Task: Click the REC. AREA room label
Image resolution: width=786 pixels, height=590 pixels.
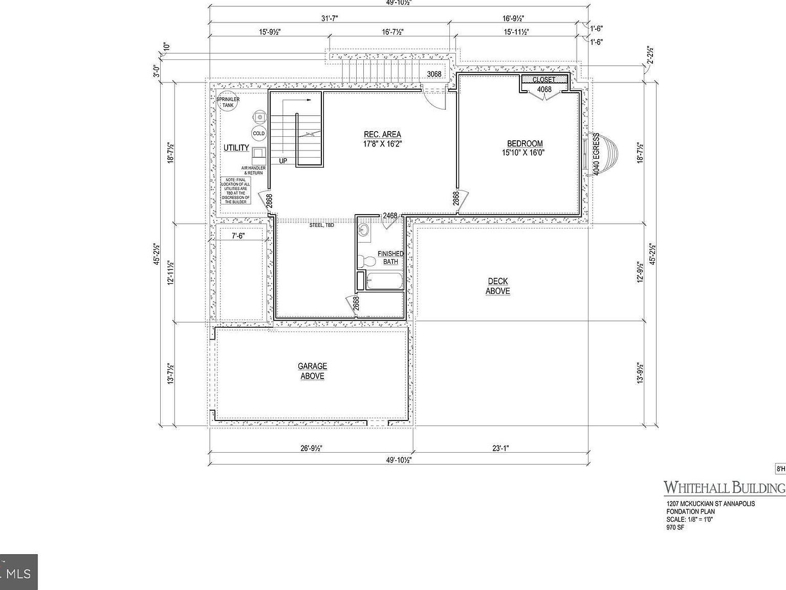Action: pyautogui.click(x=382, y=135)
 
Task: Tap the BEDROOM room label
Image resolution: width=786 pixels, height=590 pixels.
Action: pyautogui.click(x=525, y=144)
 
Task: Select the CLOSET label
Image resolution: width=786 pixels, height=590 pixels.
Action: pyautogui.click(x=543, y=79)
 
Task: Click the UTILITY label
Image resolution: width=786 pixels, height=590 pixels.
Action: pyautogui.click(x=236, y=148)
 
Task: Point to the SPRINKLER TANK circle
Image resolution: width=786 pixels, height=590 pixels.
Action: pyautogui.click(x=228, y=102)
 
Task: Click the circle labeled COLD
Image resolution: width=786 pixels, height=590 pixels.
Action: pyautogui.click(x=259, y=134)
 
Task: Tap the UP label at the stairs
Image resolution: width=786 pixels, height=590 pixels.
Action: pyautogui.click(x=283, y=161)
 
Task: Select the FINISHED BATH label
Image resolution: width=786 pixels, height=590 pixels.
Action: pyautogui.click(x=390, y=258)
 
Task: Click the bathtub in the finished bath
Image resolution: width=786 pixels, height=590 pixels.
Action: pyautogui.click(x=384, y=281)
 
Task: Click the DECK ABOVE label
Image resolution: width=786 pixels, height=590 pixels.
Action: pyautogui.click(x=498, y=286)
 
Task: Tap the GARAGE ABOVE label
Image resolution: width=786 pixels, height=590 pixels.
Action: pyautogui.click(x=312, y=371)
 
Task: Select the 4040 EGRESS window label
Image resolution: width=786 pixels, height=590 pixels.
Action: pyautogui.click(x=596, y=154)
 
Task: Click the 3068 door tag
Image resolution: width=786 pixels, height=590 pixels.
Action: pyautogui.click(x=434, y=74)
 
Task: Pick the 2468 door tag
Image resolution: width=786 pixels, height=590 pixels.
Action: pyautogui.click(x=390, y=216)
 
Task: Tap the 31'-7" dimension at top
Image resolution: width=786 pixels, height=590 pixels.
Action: pyautogui.click(x=330, y=18)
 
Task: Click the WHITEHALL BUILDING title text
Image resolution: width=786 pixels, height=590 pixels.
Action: pyautogui.click(x=724, y=487)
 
